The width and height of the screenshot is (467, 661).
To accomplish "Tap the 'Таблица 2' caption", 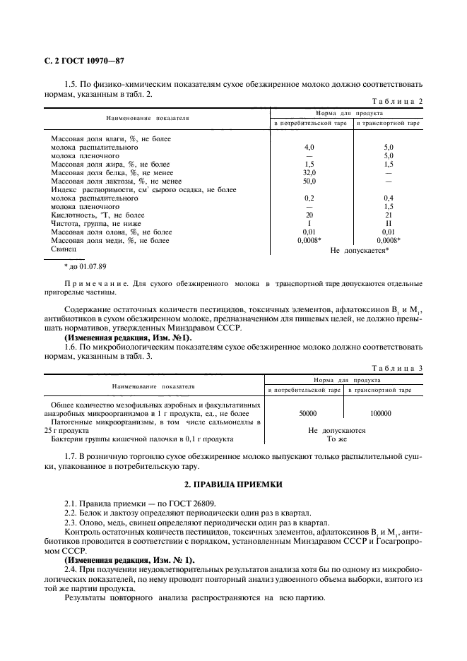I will pos(397,101).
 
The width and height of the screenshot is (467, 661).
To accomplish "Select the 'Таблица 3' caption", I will pos(397,368).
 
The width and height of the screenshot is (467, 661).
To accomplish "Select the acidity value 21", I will pos(388,215).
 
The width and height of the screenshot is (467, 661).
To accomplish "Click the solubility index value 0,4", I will pos(388,198).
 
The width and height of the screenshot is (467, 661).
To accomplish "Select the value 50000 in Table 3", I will pos(308,414).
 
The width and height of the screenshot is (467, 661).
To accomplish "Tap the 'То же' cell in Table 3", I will pos(336,439).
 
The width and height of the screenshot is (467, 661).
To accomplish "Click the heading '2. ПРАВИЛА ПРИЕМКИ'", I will pos(233,485).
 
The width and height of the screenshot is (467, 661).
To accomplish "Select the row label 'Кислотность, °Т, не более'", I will pos(97,215).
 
